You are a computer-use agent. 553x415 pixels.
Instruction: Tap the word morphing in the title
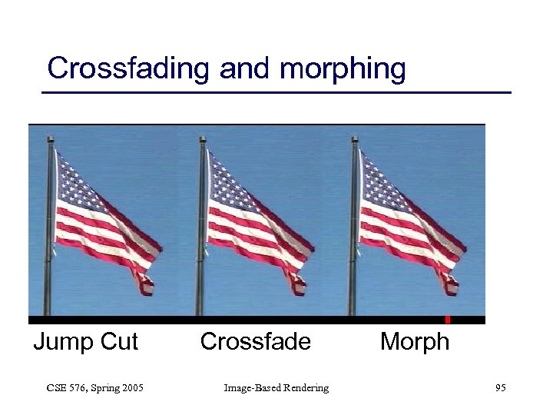tap(343, 70)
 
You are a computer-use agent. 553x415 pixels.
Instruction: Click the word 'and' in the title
tap(246, 68)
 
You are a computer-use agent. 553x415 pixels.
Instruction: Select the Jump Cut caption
tap(85, 341)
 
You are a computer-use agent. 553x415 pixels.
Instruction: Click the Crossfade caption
tap(255, 341)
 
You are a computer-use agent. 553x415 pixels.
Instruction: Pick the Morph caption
tap(414, 341)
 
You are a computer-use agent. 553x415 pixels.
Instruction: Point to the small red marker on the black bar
tap(447, 319)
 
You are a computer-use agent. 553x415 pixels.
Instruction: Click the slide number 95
tap(500, 388)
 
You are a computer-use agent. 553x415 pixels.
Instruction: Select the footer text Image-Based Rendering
tap(276, 388)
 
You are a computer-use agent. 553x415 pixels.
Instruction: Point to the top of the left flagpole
tap(50, 140)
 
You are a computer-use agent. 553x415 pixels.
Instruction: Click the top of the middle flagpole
tap(202, 140)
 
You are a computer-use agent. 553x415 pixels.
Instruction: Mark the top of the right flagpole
tap(354, 140)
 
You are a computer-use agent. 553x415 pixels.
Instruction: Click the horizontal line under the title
tap(276, 93)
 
